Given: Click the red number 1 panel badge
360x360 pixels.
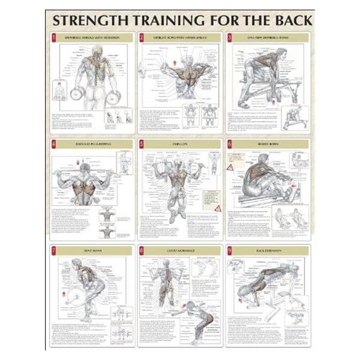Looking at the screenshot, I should [x=53, y=38].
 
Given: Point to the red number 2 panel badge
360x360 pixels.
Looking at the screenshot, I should [x=142, y=38].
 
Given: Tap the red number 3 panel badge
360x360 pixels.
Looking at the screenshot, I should [x=229, y=38].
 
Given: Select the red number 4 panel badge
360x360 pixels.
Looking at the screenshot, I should [x=53, y=144].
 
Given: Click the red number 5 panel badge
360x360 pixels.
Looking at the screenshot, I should [x=142, y=144].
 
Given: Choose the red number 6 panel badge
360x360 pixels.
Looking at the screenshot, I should [x=229, y=144].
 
